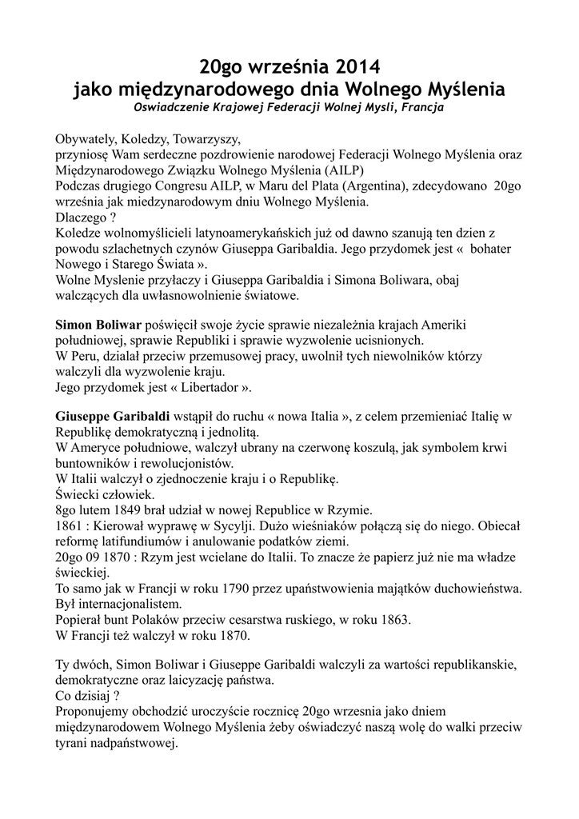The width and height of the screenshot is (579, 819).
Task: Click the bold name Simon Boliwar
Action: (98, 326)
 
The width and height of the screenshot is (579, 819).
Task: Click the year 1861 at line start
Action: (68, 526)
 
